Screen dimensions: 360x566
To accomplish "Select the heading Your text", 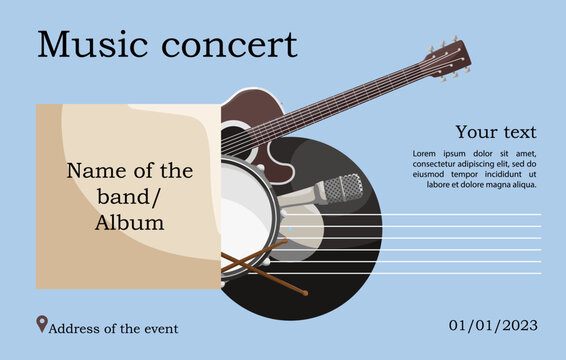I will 496,132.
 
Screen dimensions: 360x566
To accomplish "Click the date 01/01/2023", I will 493,325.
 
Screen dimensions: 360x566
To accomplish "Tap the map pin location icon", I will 41,324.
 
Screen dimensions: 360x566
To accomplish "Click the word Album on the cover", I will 129,223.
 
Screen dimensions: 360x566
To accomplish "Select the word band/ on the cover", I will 129,196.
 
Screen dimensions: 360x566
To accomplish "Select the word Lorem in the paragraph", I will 427,153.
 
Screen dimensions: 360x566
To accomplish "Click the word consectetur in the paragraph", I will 440,163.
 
